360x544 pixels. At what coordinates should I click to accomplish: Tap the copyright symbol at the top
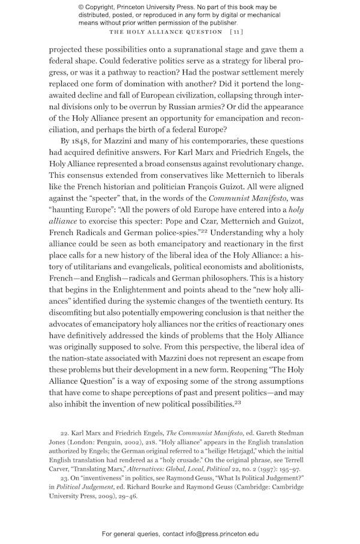point(82,7)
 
